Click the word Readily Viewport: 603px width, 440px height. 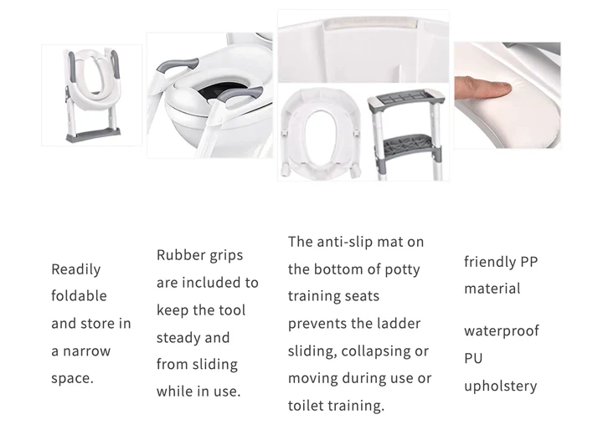tap(75, 269)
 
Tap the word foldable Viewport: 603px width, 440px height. tap(79, 296)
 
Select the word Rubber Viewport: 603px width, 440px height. tap(178, 255)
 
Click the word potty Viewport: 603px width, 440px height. tap(402, 270)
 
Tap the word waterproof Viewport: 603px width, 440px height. tap(502, 331)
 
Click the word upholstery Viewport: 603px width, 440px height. tap(500, 386)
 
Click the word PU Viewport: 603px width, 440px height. tap(473, 358)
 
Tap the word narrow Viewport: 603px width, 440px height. tap(86, 351)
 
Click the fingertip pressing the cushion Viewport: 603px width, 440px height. tap(504, 89)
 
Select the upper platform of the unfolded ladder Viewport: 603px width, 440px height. tap(405, 99)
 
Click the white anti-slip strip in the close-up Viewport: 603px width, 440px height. tap(370, 23)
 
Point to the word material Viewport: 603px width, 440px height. tap(492, 289)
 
